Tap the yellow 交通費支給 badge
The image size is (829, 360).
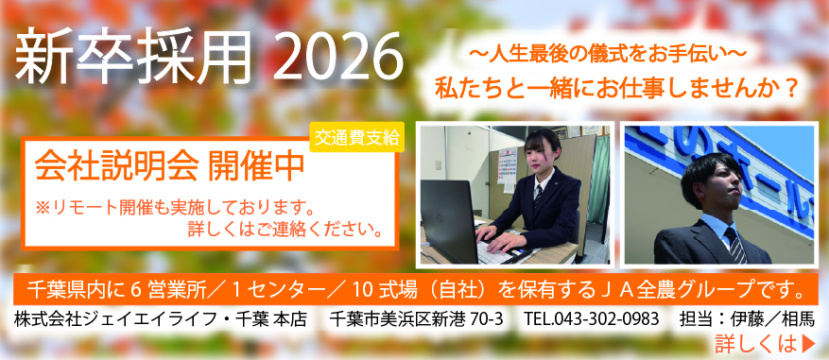click(x=355, y=136)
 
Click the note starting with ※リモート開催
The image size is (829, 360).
click(x=174, y=206)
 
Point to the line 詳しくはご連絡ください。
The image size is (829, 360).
click(x=284, y=229)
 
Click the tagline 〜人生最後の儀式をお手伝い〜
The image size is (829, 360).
click(x=605, y=55)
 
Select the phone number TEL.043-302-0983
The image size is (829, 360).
click(x=591, y=318)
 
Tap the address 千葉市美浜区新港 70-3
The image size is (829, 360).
click(x=412, y=318)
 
